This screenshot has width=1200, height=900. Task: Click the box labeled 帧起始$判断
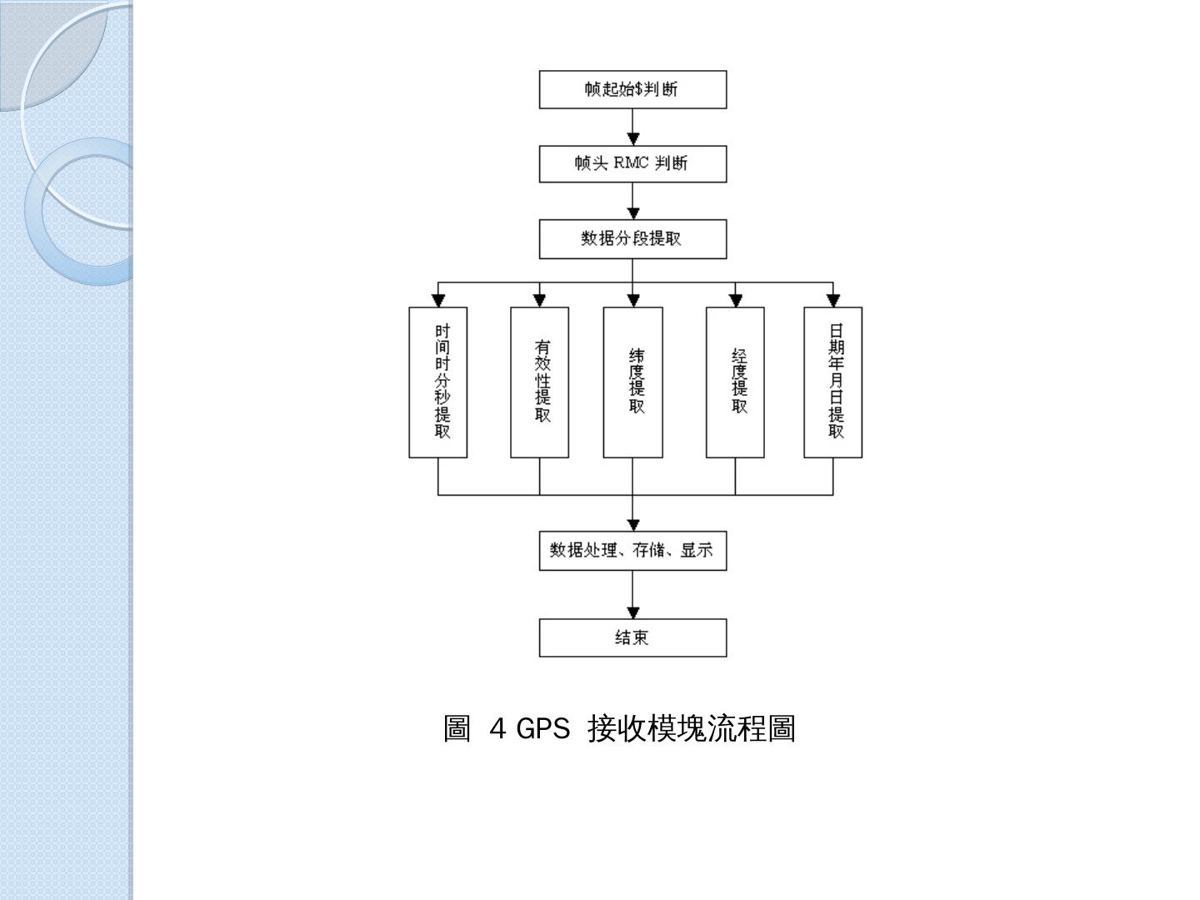coord(632,89)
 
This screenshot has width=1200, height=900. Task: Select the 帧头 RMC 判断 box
coord(632,163)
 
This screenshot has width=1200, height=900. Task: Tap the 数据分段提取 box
coord(632,239)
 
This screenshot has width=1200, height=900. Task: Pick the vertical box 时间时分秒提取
coord(438,382)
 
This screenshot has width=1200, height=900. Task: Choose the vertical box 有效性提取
coord(539,382)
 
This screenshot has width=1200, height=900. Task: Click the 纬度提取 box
coord(632,382)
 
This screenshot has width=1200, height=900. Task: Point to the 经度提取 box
coord(735,382)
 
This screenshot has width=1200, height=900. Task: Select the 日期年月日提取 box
coord(832,382)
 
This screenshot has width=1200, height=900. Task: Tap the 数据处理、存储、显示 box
coord(632,551)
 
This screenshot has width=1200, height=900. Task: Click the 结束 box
coord(632,637)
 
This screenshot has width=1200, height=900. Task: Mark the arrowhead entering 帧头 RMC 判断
coord(633,139)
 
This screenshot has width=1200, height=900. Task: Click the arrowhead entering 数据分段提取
coord(633,213)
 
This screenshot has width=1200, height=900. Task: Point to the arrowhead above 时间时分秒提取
coord(438,300)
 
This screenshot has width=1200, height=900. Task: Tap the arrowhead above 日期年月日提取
coord(832,300)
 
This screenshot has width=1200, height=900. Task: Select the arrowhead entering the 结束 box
coord(633,612)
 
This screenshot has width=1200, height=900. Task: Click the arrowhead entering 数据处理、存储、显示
coord(633,525)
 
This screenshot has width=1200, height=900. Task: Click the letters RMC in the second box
coord(632,163)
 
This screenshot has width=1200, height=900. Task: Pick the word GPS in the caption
coord(542,729)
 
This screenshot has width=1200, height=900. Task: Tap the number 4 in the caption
coord(498,729)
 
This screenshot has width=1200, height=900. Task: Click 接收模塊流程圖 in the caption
coord(692,729)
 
